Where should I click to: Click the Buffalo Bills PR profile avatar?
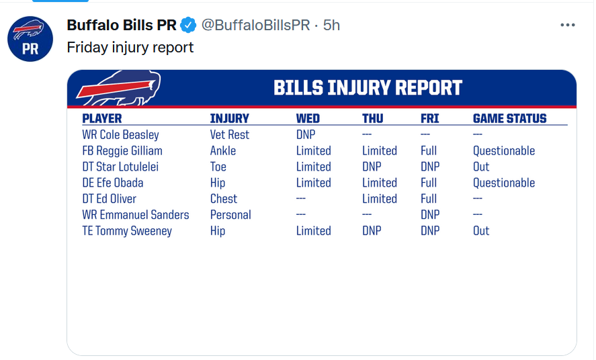(x=30, y=39)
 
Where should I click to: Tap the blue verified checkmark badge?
(x=188, y=25)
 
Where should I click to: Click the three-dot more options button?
(x=568, y=25)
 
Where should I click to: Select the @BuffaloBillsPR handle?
(x=255, y=25)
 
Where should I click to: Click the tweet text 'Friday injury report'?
(x=130, y=48)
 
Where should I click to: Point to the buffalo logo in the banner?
(x=118, y=88)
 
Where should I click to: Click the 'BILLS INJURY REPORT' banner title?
(x=368, y=88)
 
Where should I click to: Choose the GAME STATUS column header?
(x=509, y=118)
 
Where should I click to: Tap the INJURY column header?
(x=230, y=118)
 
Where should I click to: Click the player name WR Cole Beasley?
(x=120, y=135)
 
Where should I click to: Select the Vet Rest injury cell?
(x=230, y=135)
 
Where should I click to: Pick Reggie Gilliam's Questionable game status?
(x=504, y=150)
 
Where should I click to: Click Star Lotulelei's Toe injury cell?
(x=218, y=167)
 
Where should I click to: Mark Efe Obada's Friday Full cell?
(x=429, y=183)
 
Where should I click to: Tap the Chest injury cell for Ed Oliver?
(x=224, y=199)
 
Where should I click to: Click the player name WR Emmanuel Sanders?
(x=135, y=215)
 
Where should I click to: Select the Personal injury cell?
(x=230, y=215)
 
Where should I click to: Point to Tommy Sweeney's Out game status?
(x=481, y=231)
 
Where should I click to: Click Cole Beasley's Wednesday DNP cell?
(x=306, y=135)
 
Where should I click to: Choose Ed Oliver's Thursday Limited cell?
(x=380, y=199)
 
